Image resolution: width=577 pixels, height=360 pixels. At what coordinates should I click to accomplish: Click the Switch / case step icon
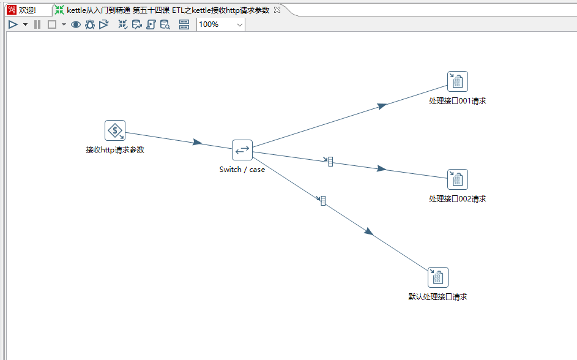point(242,150)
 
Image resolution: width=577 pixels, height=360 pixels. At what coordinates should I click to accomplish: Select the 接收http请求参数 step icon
point(115,130)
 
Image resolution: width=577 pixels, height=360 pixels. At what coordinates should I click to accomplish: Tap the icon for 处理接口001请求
point(457,81)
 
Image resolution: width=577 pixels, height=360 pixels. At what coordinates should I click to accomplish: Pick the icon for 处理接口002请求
point(457,179)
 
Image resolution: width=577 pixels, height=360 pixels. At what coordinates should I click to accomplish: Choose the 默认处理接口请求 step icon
point(438,277)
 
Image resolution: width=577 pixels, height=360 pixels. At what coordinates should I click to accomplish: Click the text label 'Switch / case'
point(242,170)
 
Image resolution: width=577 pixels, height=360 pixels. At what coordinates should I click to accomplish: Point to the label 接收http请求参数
point(115,150)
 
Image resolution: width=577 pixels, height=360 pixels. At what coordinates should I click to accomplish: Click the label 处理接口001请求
point(458,101)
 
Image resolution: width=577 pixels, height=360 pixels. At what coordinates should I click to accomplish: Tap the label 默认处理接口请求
point(437,297)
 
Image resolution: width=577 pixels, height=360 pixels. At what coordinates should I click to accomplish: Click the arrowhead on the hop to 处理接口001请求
point(382,106)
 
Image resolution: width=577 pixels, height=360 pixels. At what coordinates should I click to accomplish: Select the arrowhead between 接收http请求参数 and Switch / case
point(197,142)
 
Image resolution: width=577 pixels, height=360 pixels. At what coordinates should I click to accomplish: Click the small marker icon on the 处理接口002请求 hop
point(330,161)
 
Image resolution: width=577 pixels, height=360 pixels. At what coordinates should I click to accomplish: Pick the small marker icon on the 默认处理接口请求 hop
point(323,200)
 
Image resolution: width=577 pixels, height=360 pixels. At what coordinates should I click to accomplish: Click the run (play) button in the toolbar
point(13,24)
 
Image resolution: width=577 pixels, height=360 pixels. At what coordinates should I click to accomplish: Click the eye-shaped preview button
point(76,24)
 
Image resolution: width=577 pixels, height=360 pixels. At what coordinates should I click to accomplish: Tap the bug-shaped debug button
point(90,24)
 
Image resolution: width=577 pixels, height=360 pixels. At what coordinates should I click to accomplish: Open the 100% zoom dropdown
point(239,24)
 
